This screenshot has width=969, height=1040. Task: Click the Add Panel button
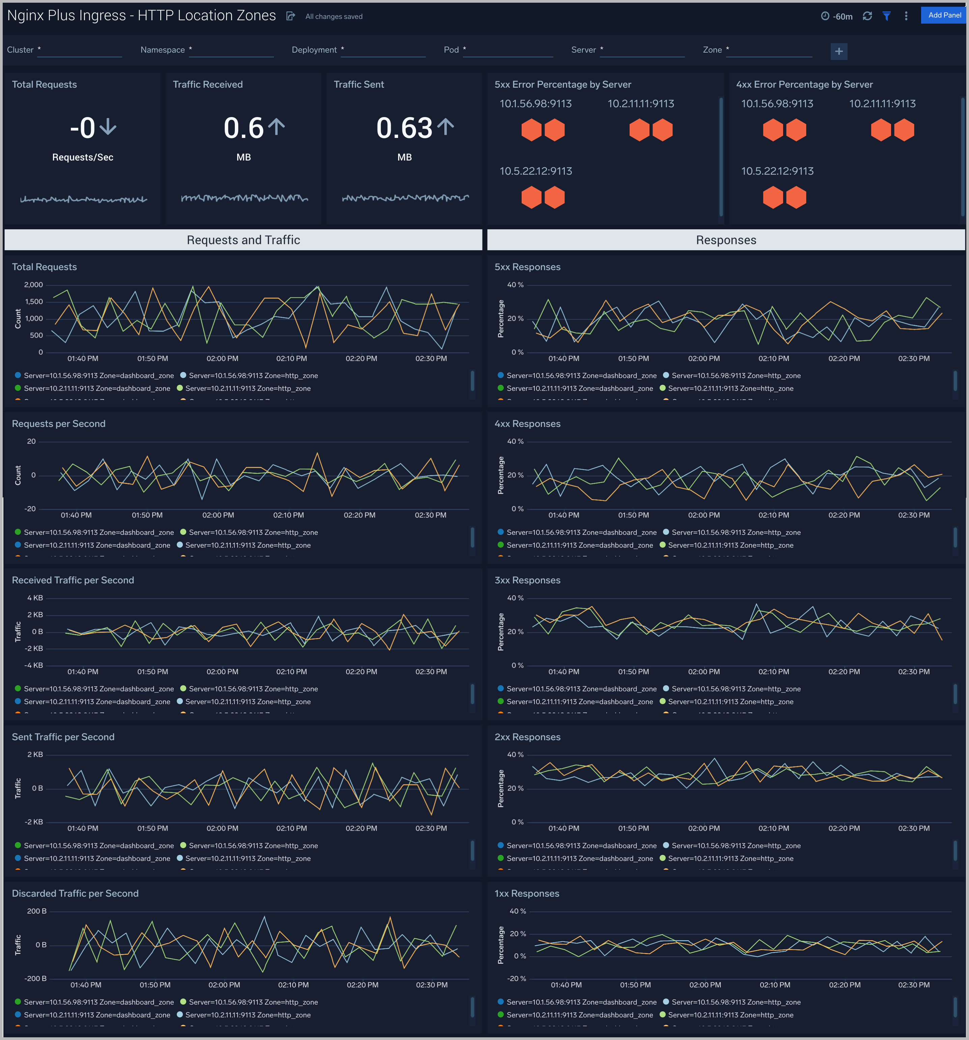coord(944,15)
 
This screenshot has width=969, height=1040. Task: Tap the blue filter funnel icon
coord(886,16)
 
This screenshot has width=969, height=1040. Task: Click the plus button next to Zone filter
coord(839,51)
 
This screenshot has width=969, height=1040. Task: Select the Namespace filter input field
coord(232,50)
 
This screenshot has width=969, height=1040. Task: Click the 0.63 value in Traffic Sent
coord(404,128)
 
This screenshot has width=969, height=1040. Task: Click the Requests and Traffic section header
coord(243,240)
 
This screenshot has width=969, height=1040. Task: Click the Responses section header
coord(726,240)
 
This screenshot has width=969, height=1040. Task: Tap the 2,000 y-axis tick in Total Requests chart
coord(33,285)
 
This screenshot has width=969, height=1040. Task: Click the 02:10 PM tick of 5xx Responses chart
coord(773,358)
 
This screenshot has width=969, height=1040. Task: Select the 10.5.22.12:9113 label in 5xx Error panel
coord(535,171)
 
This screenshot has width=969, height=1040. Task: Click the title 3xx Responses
coord(527,580)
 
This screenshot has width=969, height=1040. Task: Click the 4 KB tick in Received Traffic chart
coord(35,598)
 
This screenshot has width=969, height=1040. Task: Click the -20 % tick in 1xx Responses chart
coord(517,978)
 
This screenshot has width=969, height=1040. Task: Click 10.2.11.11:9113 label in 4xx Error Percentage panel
coord(882,104)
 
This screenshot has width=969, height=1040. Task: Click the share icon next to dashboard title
coord(290,16)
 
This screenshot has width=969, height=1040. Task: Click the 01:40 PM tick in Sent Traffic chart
coord(83,828)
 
